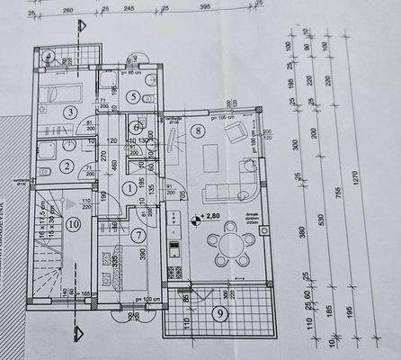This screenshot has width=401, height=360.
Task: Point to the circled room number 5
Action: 132,96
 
